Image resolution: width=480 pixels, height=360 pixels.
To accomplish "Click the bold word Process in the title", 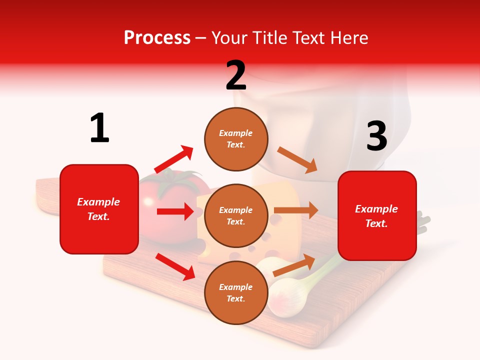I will (157, 38).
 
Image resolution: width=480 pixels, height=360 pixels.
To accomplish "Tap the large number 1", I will (99, 128).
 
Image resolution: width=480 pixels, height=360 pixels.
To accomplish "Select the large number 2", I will (236, 75).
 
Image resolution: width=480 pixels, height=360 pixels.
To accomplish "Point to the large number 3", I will (376, 136).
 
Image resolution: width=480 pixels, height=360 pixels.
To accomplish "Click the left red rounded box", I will (99, 209).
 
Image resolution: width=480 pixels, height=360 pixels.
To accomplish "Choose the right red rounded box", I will (377, 215).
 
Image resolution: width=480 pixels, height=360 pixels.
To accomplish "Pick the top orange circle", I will (236, 139).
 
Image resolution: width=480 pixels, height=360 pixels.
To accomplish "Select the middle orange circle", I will (236, 215).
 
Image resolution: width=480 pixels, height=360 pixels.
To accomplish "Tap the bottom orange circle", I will (236, 292).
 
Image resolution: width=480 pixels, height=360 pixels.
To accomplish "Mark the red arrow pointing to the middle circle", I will (175, 211).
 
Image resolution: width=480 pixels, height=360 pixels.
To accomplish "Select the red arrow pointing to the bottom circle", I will (175, 266).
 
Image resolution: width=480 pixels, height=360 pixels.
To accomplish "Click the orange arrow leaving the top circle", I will (297, 160).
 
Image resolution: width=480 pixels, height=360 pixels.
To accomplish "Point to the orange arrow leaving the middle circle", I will (296, 210).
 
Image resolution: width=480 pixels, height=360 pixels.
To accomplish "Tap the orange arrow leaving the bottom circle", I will (294, 265).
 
